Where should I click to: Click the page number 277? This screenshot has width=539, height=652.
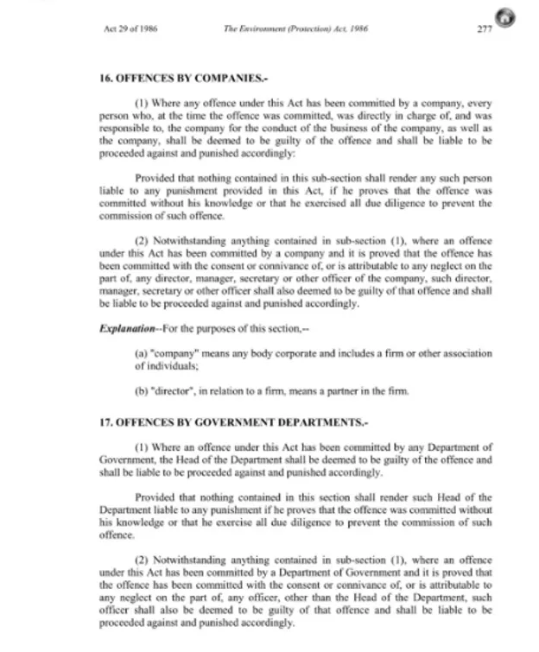click(485, 28)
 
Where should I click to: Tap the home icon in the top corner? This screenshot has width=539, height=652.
click(504, 18)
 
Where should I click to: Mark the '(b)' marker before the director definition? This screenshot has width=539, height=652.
click(143, 391)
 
